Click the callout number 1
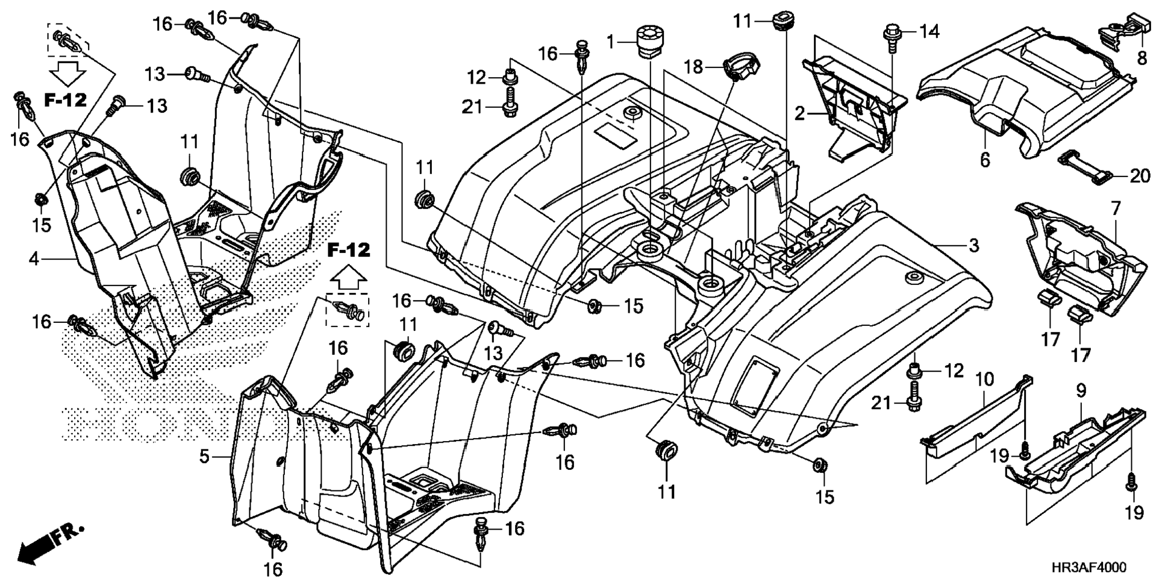(611, 42)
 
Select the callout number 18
(694, 67)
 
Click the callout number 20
(1140, 176)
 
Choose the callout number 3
(973, 245)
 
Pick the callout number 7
(1116, 209)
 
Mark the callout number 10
(984, 380)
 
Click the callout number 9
(1081, 391)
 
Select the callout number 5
(205, 457)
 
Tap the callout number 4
(34, 259)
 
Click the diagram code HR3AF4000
(1088, 568)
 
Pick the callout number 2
(799, 113)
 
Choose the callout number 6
(985, 160)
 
